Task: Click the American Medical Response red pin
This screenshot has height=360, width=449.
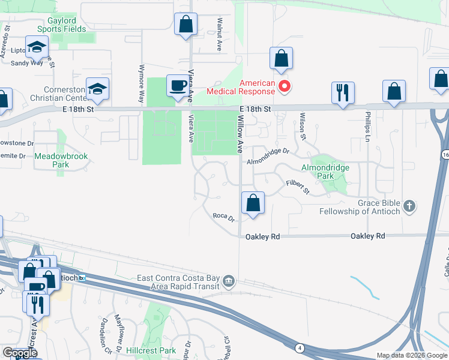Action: (286, 88)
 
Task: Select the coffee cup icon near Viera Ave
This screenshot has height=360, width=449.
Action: (178, 86)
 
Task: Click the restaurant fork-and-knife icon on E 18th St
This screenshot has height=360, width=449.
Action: (343, 92)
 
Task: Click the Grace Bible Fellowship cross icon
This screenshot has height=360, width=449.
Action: (409, 206)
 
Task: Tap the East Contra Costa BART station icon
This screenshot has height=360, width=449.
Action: (228, 281)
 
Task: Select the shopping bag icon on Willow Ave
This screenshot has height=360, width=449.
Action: (253, 203)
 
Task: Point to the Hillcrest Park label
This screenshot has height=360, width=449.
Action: (151, 350)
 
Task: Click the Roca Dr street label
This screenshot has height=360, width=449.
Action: (223, 217)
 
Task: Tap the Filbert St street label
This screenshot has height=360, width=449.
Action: (297, 187)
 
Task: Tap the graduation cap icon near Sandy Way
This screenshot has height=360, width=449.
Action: (37, 47)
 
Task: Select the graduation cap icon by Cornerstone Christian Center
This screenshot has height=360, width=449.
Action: (97, 89)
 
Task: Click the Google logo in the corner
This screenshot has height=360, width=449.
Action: (20, 353)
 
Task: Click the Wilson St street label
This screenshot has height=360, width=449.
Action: (303, 126)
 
